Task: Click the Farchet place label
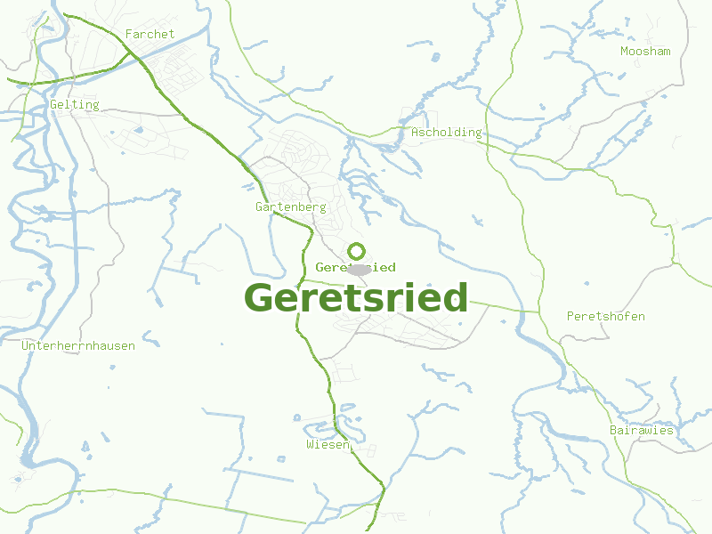tap(150, 34)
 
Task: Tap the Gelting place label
tap(74, 104)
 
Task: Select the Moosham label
tap(645, 51)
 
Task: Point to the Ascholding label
tap(446, 132)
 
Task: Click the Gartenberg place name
tap(290, 206)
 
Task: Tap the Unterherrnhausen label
tap(78, 345)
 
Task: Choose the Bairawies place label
tap(641, 430)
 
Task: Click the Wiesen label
tap(328, 443)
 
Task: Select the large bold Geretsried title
tap(356, 298)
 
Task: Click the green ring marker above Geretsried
tap(356, 251)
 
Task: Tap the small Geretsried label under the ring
tap(355, 267)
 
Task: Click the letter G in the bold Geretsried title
tap(258, 298)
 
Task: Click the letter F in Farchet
tap(130, 34)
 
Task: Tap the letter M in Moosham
tap(624, 51)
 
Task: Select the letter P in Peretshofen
tap(570, 316)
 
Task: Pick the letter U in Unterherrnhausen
tap(25, 345)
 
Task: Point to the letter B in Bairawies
tap(613, 430)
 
